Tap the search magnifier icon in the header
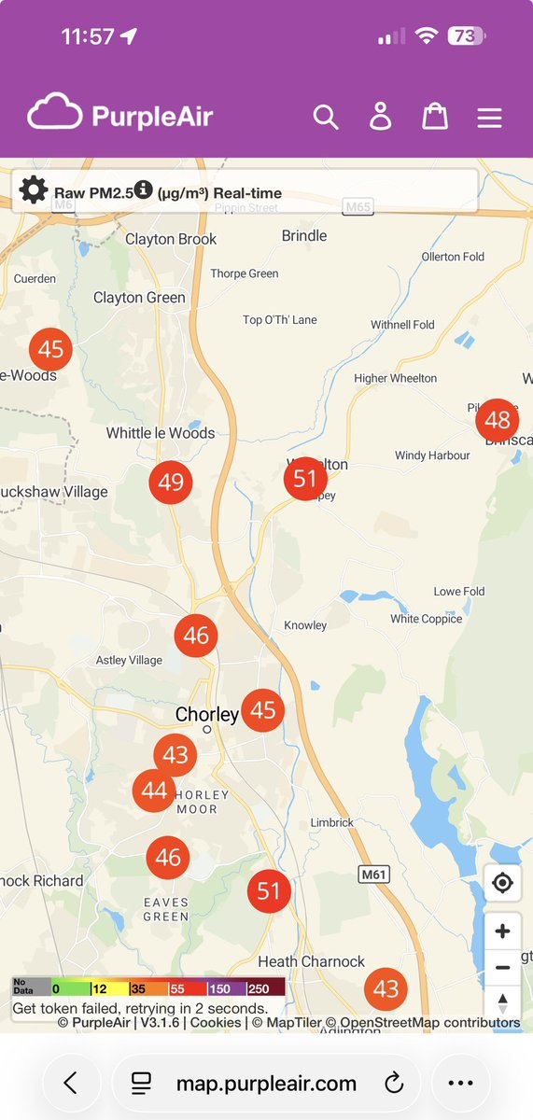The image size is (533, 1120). tap(325, 117)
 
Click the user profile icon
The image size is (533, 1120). tap(380, 117)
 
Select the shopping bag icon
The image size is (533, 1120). tap(435, 117)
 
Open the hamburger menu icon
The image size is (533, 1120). tap(489, 118)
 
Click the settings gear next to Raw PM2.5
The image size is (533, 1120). tap(33, 189)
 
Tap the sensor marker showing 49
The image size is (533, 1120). tap(171, 483)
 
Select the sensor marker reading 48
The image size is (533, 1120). tap(498, 420)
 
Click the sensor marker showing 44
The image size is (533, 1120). tap(154, 791)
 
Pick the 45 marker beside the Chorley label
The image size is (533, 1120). tap(263, 710)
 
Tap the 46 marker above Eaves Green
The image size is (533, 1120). tap(168, 858)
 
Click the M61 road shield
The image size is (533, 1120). tap(373, 874)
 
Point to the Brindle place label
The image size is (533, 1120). tap(304, 236)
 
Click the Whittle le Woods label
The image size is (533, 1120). tap(161, 433)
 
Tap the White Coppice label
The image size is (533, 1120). tap(427, 619)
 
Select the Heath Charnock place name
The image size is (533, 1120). tap(312, 961)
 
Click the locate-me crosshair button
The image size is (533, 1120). tap(502, 883)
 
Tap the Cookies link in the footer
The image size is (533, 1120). tap(216, 1023)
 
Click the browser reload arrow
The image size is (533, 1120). tap(394, 1083)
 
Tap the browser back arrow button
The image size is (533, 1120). tap(70, 1083)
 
